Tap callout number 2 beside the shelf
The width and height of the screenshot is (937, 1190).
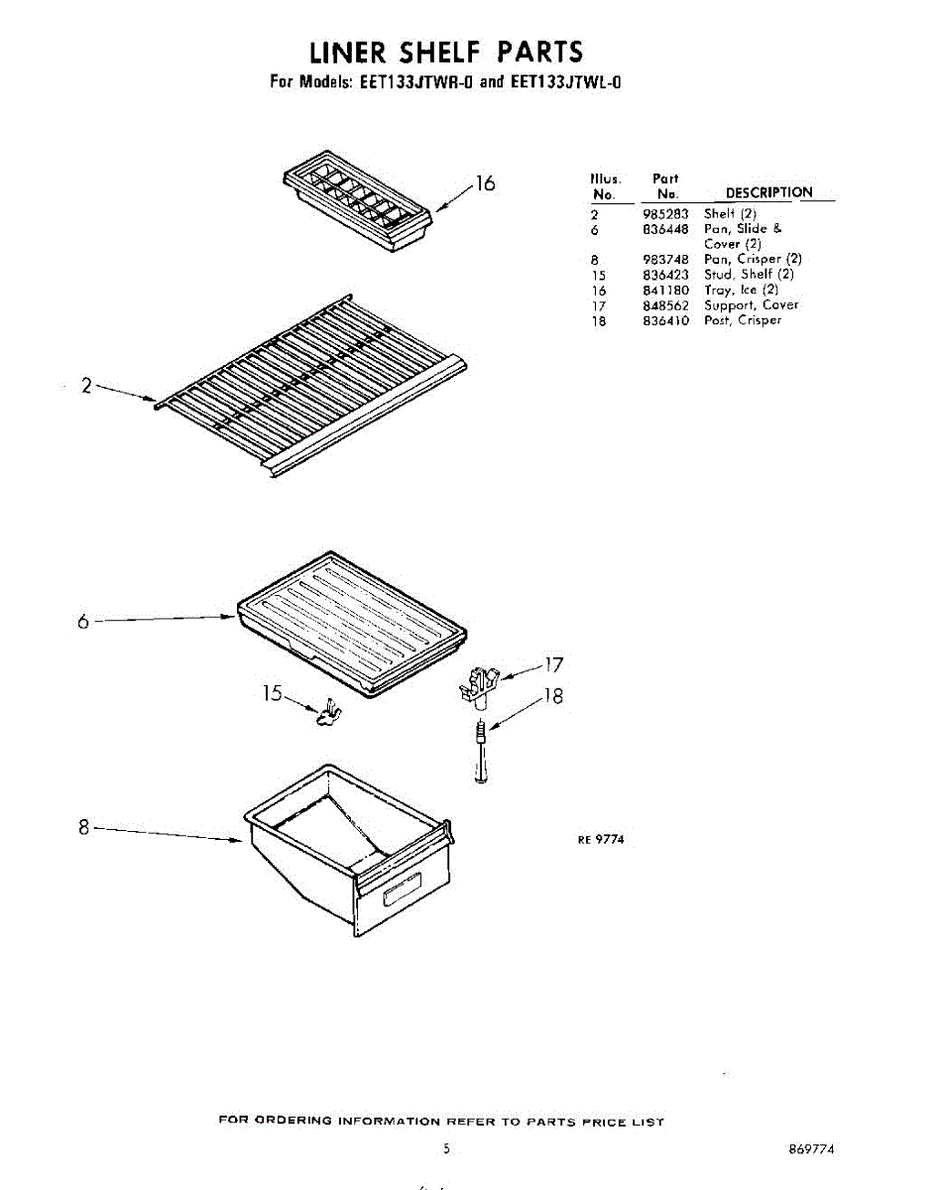[86, 387]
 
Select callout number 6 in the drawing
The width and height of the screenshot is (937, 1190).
[83, 622]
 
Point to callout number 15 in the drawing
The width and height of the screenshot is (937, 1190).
[273, 693]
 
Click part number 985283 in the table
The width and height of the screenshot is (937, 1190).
[665, 213]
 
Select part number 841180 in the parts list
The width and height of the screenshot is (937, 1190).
[665, 290]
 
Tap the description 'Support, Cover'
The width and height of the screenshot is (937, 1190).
[751, 305]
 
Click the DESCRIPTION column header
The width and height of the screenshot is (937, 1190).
[768, 192]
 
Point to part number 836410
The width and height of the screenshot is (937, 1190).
[665, 320]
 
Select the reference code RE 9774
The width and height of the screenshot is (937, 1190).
[601, 839]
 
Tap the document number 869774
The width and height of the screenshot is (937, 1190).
[811, 1149]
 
